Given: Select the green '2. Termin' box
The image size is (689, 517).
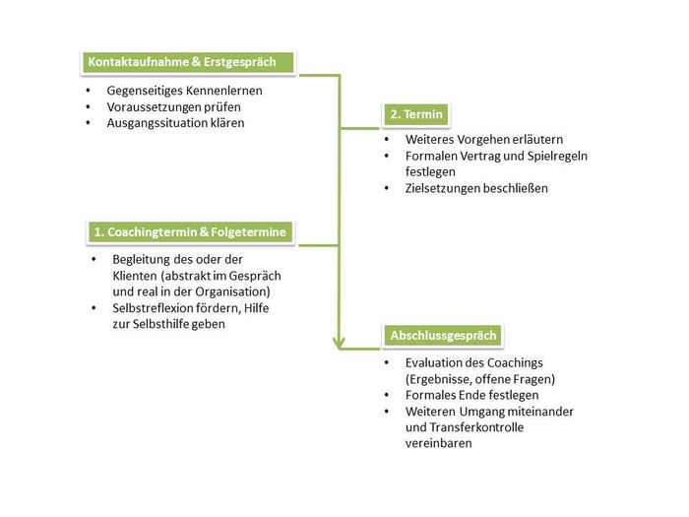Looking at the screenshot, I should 416,114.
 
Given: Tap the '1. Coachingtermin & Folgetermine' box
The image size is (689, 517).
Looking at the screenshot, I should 189,232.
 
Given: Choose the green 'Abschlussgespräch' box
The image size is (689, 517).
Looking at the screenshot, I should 444,336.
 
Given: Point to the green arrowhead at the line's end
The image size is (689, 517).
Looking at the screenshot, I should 340,343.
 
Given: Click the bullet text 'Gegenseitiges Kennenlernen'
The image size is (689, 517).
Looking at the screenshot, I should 184,91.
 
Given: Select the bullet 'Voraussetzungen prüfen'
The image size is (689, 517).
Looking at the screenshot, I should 173,106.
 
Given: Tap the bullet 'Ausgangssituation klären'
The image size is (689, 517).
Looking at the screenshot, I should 175,122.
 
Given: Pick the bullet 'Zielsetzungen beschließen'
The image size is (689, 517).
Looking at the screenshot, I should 476,187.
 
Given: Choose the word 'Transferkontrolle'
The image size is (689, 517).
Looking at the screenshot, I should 477,426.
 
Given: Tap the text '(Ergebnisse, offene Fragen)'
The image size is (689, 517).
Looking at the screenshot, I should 480,378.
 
